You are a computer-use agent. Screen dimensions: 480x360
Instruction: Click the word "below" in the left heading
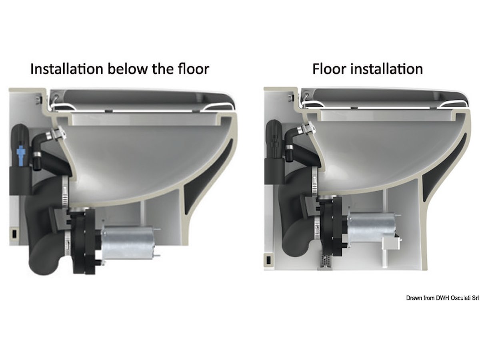tap(128, 69)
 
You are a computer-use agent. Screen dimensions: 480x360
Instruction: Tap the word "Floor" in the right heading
tap(330, 69)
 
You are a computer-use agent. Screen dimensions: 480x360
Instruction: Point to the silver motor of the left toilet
tap(129, 243)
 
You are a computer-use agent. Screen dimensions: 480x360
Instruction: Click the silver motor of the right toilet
tap(372, 228)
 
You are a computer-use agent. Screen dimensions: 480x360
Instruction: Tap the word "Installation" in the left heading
tap(67, 69)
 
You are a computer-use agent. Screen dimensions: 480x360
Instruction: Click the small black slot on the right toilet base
tap(268, 260)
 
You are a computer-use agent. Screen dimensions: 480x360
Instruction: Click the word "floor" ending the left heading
tap(194, 69)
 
